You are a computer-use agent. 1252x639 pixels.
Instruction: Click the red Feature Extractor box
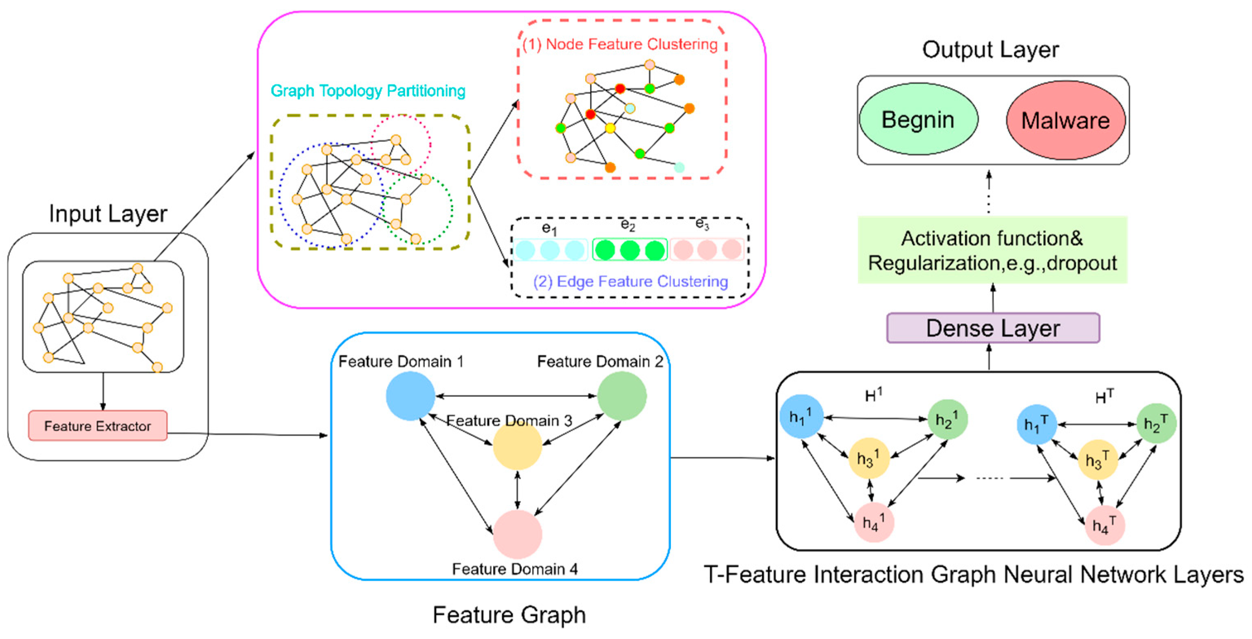point(98,426)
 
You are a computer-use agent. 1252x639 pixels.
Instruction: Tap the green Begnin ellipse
point(918,119)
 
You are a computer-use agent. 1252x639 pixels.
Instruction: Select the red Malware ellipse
point(1065,121)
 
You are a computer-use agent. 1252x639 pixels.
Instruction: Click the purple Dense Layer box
point(992,328)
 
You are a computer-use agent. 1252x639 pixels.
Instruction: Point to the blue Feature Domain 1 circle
point(410,396)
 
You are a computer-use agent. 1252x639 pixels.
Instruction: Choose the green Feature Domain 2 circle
point(622,396)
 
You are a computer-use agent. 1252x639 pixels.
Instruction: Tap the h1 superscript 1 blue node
point(801,416)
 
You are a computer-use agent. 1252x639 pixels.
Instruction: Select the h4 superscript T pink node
point(1105,525)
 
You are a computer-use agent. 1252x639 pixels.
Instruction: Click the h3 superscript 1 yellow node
point(868,458)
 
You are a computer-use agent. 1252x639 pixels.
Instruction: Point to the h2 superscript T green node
point(1156,424)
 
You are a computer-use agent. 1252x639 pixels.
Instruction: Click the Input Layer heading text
point(108,214)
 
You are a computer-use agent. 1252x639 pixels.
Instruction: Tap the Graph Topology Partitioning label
point(368,91)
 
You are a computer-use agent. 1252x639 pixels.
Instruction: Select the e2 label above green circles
point(628,225)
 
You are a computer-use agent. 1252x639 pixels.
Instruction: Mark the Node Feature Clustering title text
point(620,45)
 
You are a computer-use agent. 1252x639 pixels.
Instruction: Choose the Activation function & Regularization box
point(992,250)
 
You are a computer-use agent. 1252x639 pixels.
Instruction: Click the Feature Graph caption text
point(509,615)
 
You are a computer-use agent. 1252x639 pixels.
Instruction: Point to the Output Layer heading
point(990,50)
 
